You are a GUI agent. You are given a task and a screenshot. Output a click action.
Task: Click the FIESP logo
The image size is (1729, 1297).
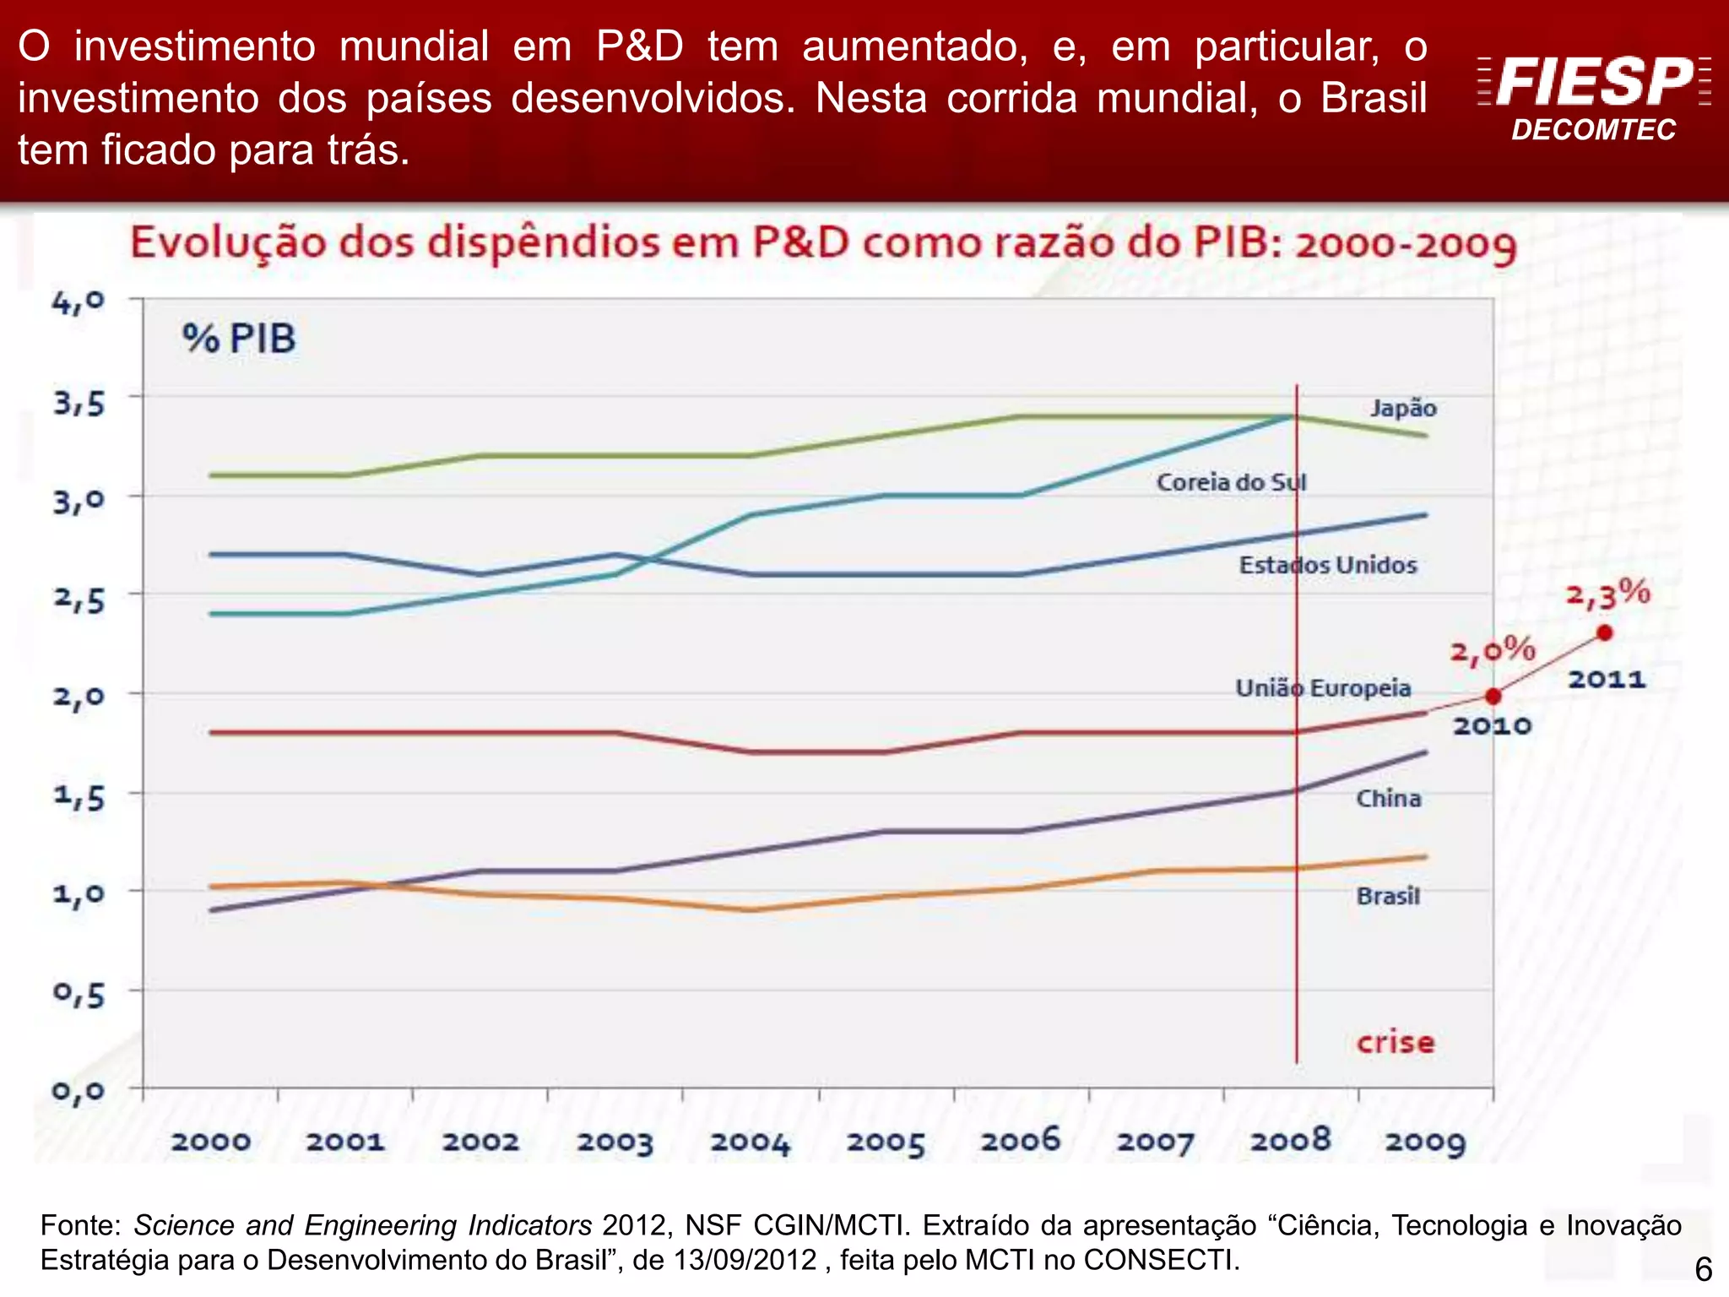click(1594, 81)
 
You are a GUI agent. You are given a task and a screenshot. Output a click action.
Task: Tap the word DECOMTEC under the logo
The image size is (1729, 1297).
click(1593, 130)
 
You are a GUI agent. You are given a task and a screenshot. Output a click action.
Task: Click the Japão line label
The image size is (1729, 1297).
click(1402, 408)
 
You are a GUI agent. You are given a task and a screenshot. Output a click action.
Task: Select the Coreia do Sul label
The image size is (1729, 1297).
click(1231, 482)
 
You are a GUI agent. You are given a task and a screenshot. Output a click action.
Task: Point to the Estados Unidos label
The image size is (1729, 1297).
click(1327, 565)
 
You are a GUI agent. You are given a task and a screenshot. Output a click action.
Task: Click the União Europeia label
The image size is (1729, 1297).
click(1323, 688)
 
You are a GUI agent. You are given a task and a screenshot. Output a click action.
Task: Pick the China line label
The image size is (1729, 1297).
click(1388, 798)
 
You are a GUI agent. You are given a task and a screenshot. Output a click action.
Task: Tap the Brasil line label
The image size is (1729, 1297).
click(1388, 896)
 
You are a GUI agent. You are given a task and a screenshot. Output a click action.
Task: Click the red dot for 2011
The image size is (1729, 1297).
click(1605, 632)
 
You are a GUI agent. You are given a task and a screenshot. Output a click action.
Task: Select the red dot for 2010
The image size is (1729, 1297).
click(1493, 697)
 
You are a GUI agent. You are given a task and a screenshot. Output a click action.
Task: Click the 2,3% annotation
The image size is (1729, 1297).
click(1607, 594)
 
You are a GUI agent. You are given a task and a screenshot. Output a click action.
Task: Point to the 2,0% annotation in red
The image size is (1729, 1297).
click(1492, 650)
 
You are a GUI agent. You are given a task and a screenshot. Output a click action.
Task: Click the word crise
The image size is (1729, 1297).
click(1395, 1042)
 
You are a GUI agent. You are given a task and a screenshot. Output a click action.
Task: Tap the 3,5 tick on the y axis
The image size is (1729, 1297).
click(79, 403)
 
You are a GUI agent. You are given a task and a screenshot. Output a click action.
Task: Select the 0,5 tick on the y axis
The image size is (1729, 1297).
click(79, 994)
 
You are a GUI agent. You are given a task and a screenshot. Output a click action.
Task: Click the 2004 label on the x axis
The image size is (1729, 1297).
click(750, 1142)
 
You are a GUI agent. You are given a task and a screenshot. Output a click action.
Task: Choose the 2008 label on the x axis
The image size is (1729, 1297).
click(1290, 1141)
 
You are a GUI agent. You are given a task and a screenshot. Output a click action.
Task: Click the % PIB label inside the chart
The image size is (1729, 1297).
click(239, 339)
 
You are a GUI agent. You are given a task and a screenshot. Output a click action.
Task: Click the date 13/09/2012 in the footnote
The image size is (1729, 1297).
click(745, 1260)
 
